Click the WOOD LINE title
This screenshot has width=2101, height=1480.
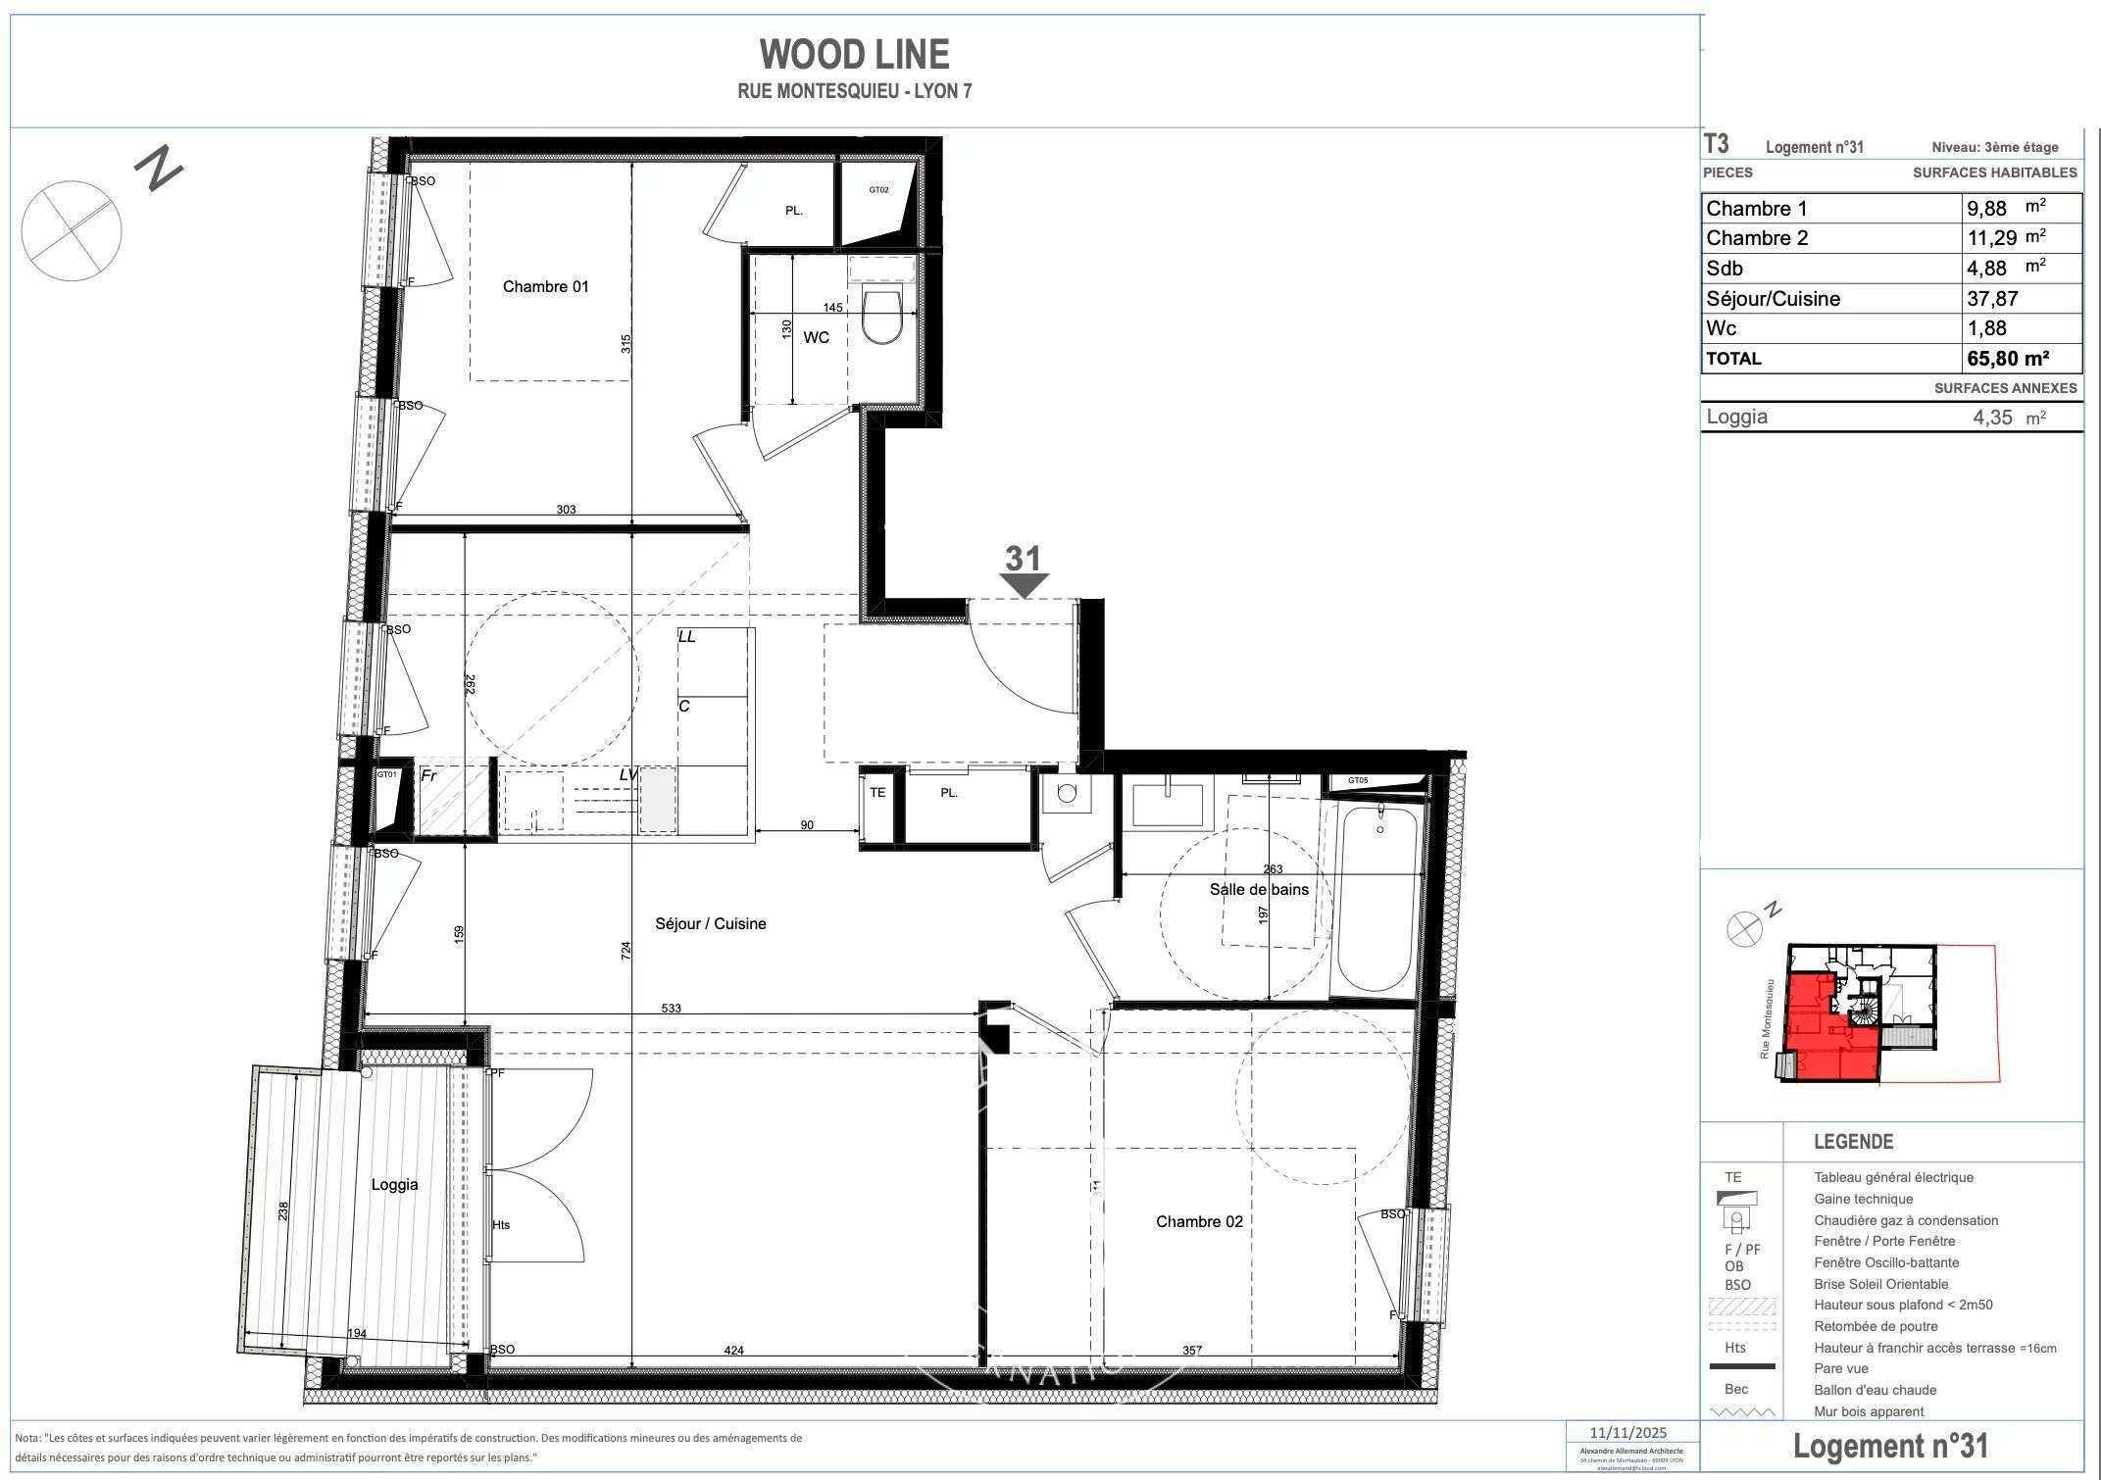(854, 54)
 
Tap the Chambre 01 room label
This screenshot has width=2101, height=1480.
(545, 286)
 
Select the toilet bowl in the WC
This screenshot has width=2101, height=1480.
(881, 315)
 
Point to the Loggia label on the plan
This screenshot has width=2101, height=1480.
(394, 1184)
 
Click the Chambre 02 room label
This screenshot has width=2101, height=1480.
(1199, 1221)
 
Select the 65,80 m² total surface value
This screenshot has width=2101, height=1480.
(2007, 359)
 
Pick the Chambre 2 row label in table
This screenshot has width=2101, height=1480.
(1757, 238)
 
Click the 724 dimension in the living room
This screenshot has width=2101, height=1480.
(625, 949)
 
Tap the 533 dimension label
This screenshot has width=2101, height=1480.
(671, 1008)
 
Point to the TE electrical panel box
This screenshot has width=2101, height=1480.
(877, 792)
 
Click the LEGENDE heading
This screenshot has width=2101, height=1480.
(1853, 1142)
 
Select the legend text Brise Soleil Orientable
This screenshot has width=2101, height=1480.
(1880, 1284)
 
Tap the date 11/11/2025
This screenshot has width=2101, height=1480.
(1628, 1432)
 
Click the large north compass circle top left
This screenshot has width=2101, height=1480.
(72, 230)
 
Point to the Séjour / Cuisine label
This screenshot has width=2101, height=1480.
(710, 923)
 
